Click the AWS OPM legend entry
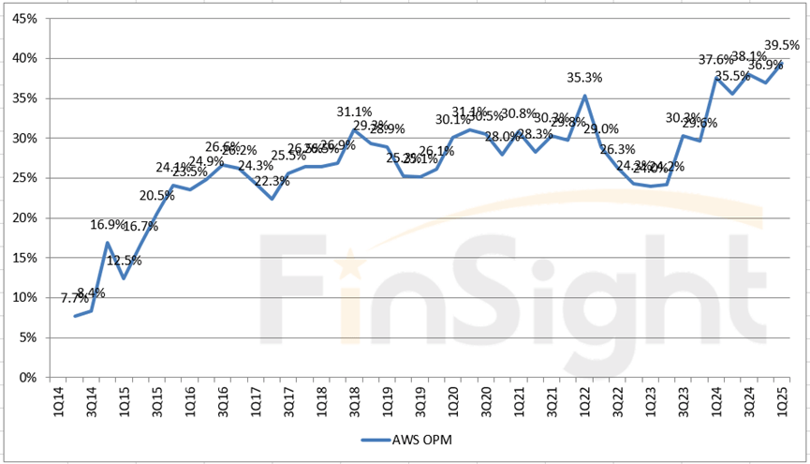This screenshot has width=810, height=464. (x=405, y=438)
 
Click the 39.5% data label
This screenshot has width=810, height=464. (x=781, y=45)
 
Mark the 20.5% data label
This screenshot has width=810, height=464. (x=157, y=196)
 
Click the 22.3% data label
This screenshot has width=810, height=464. (x=272, y=181)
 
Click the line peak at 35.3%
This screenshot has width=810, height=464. (x=585, y=96)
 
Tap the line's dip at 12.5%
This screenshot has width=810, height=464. (x=123, y=277)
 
